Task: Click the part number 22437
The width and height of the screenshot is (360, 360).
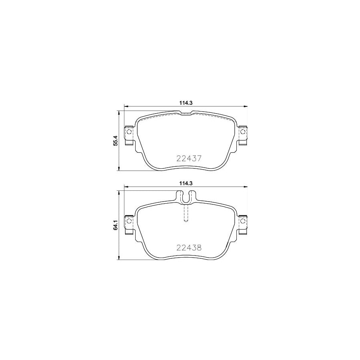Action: tap(189, 158)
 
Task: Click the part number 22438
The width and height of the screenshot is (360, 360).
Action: tap(189, 248)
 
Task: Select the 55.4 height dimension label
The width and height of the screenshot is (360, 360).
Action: tap(116, 141)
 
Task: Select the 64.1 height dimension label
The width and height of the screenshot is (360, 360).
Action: tap(116, 225)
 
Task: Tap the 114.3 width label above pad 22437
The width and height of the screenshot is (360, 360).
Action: tap(186, 103)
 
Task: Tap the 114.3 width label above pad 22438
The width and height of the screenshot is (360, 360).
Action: tap(186, 183)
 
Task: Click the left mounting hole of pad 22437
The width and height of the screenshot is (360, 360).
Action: tap(129, 132)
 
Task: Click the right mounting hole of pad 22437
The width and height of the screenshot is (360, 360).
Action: tap(243, 132)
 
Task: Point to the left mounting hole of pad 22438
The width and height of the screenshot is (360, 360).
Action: tap(129, 221)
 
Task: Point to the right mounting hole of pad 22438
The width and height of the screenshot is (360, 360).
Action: tap(243, 221)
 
